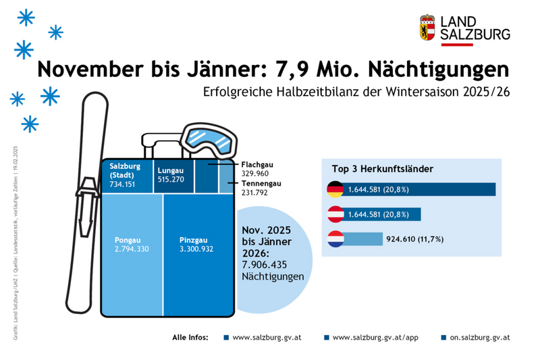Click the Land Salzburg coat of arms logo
[427, 28]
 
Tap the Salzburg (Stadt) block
[127, 176]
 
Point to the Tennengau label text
[261, 184]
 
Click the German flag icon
[335, 189]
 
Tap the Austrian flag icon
[335, 214]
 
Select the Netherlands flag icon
[335, 239]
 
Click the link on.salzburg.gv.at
[479, 336]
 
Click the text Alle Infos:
[190, 336]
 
